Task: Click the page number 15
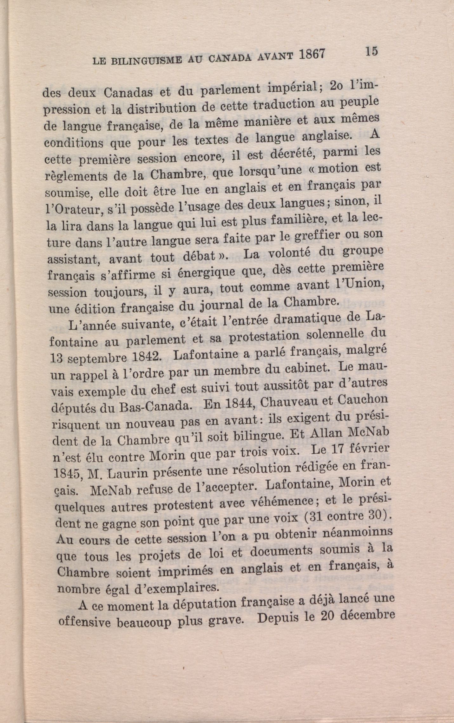tap(371, 51)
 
